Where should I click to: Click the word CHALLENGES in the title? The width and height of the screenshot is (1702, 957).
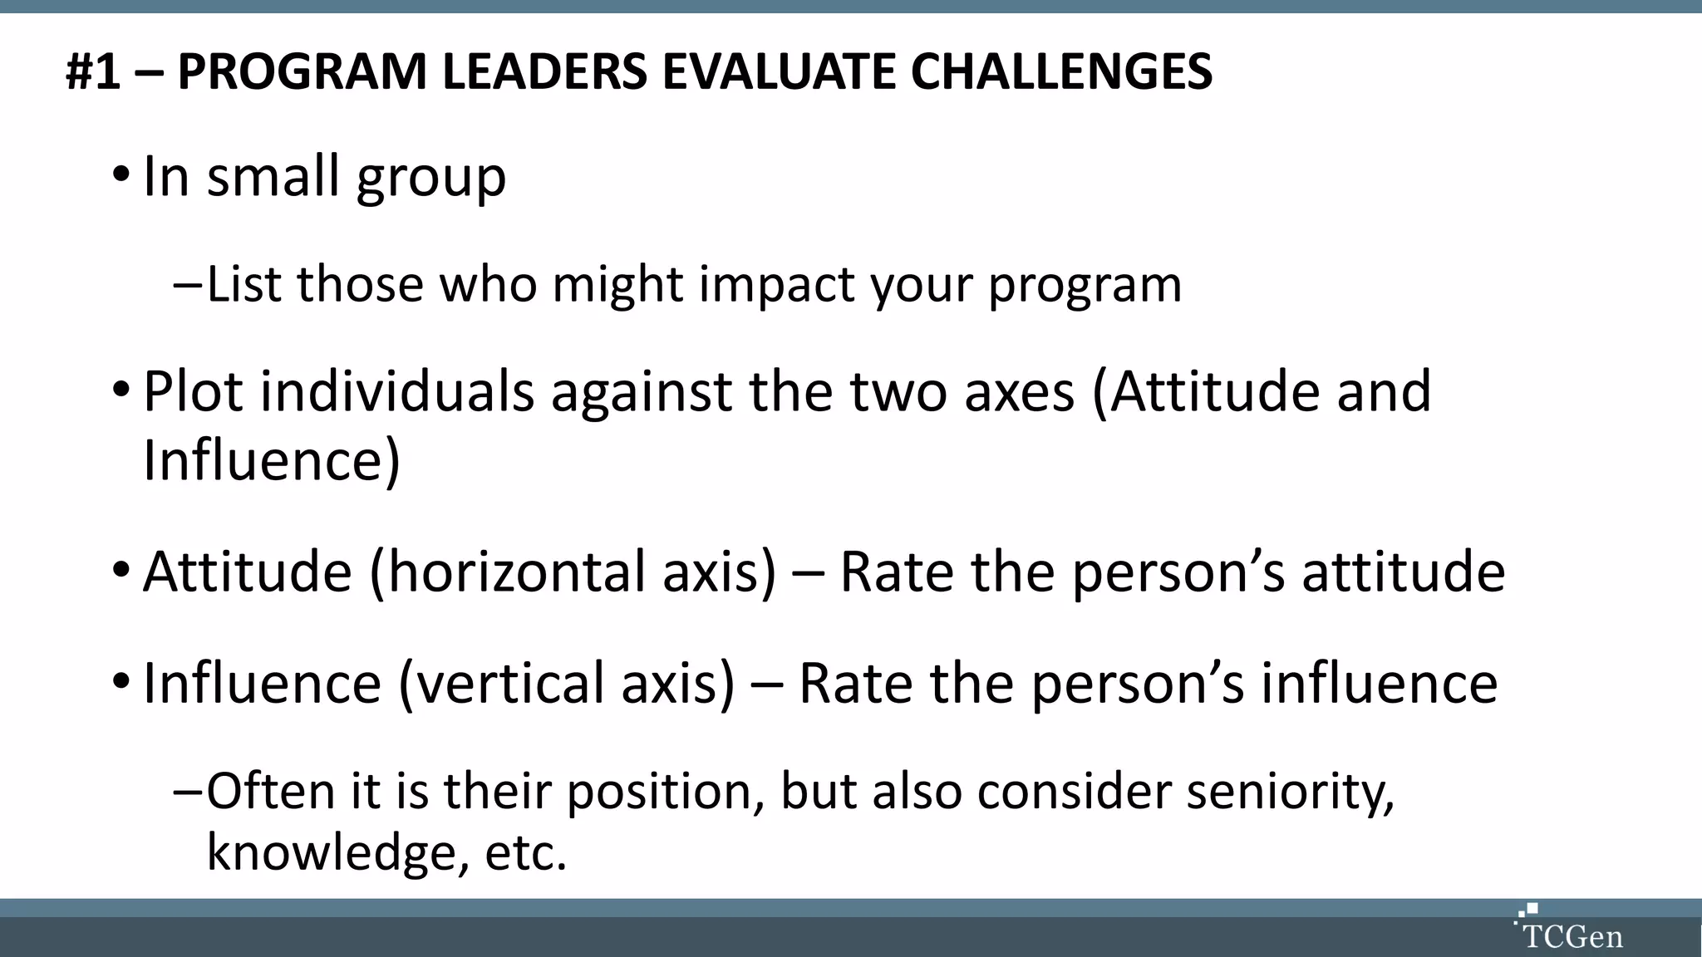coord(1061,71)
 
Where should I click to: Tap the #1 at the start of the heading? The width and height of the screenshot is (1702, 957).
coord(92,71)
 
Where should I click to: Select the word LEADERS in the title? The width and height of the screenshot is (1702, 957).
coord(544,71)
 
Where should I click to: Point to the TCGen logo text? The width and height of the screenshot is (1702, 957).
coord(1572,937)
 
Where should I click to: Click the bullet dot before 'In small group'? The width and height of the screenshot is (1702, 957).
coord(121,175)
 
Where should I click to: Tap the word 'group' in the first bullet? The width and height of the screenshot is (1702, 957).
coord(430,178)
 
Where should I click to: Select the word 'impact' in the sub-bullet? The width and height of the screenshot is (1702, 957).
coord(776,285)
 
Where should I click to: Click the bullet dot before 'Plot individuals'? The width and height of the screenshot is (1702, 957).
coord(121,389)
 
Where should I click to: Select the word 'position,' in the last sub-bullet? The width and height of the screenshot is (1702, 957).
coord(666,792)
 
